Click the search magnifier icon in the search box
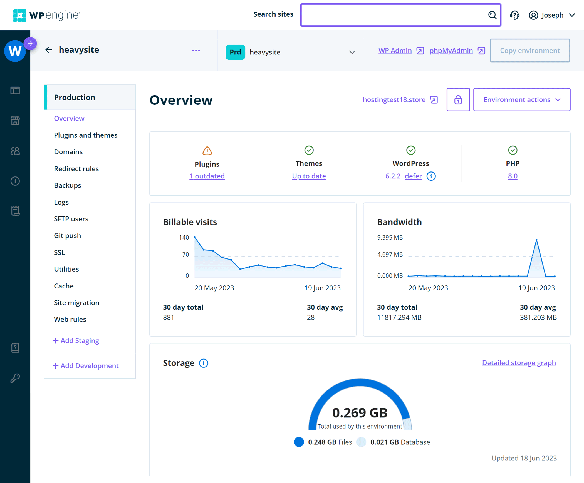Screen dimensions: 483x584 point(492,15)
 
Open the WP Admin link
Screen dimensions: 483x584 point(395,51)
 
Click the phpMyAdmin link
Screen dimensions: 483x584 point(451,51)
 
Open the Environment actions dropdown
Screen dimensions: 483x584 point(521,100)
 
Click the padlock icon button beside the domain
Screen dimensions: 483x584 point(458,100)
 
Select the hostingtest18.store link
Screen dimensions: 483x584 point(394,100)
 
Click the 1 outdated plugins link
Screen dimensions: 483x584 point(207,176)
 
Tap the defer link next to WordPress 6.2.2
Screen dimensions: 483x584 point(413,176)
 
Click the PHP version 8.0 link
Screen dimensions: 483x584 point(513,176)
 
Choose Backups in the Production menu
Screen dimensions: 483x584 point(68,185)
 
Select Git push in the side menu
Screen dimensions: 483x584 point(68,236)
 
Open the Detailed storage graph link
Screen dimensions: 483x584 point(519,363)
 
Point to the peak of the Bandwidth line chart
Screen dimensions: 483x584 point(536,240)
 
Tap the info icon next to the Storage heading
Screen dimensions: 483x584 point(204,363)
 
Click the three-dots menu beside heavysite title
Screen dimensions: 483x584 point(196,51)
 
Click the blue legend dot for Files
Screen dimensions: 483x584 point(299,442)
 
